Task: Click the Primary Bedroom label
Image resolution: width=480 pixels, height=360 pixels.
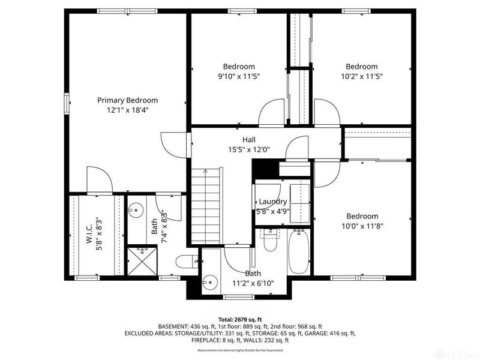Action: point(128,100)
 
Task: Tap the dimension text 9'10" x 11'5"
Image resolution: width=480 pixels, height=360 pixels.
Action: point(239,76)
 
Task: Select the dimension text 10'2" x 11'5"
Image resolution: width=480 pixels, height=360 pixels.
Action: point(361,76)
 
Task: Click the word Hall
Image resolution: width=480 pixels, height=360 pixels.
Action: point(241,139)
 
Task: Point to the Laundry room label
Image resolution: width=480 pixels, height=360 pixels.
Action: point(273,202)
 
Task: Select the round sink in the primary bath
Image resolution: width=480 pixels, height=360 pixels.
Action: point(135,209)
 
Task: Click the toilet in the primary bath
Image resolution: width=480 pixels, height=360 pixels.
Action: point(185,262)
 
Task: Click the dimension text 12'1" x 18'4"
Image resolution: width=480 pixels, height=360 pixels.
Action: point(128,110)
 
